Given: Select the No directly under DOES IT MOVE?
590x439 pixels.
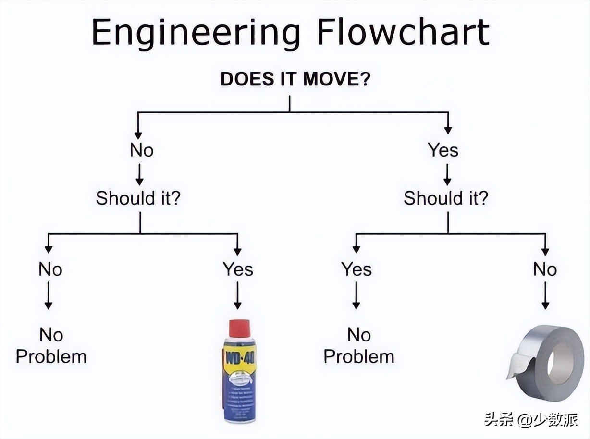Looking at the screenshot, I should coord(141,150).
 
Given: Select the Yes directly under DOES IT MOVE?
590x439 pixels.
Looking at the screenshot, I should coord(443,150).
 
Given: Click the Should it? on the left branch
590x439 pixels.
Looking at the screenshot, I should coord(138,198).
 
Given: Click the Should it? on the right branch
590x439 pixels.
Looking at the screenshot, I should coord(445,198).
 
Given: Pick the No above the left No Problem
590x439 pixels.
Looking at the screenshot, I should coord(50,269).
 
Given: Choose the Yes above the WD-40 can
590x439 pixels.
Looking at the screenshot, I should coord(238,269).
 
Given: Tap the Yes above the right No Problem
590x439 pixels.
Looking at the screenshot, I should coord(356,269).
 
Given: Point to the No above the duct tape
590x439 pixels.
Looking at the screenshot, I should coord(545,269).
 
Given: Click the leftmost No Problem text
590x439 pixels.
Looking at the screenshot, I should coord(51,346).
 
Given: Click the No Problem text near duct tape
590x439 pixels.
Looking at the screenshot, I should coord(359,346).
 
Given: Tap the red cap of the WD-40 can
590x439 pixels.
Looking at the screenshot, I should coord(240,328).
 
